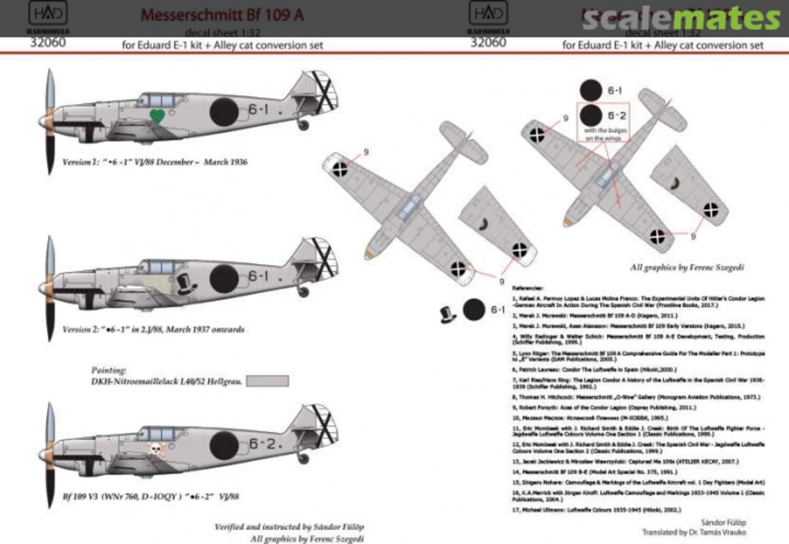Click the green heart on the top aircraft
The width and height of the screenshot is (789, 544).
point(156,115)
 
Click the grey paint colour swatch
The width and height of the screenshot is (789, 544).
point(267,381)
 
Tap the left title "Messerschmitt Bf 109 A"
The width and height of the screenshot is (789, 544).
point(222,15)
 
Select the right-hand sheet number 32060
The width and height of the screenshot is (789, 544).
point(489,43)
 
